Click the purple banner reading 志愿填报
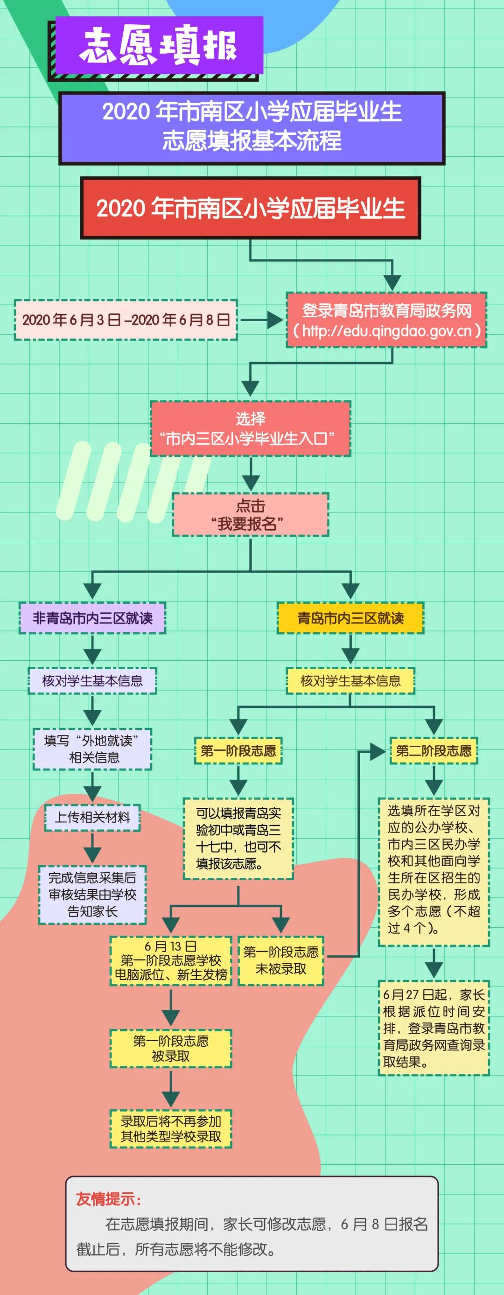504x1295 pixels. tap(159, 45)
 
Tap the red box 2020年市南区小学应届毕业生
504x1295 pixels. tap(250, 208)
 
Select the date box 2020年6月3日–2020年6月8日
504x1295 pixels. tap(126, 320)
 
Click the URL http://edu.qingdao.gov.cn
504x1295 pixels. tap(386, 331)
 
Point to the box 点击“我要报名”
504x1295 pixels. tap(250, 514)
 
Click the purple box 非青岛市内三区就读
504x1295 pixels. tap(92, 618)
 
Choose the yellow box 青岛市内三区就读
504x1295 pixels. tap(350, 618)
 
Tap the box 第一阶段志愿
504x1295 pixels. tap(238, 751)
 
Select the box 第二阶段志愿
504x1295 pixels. tap(433, 751)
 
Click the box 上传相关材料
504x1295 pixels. tap(92, 818)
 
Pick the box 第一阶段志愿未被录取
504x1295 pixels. tap(280, 960)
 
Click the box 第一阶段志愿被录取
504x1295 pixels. tap(171, 1049)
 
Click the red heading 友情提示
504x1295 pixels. tap(109, 1199)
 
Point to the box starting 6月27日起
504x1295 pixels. tap(433, 1028)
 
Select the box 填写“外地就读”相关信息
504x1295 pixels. tap(92, 749)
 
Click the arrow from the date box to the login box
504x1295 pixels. tap(261, 320)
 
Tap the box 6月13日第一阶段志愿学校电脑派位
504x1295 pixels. tap(171, 960)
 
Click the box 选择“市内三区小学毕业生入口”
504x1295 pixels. tap(250, 429)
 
